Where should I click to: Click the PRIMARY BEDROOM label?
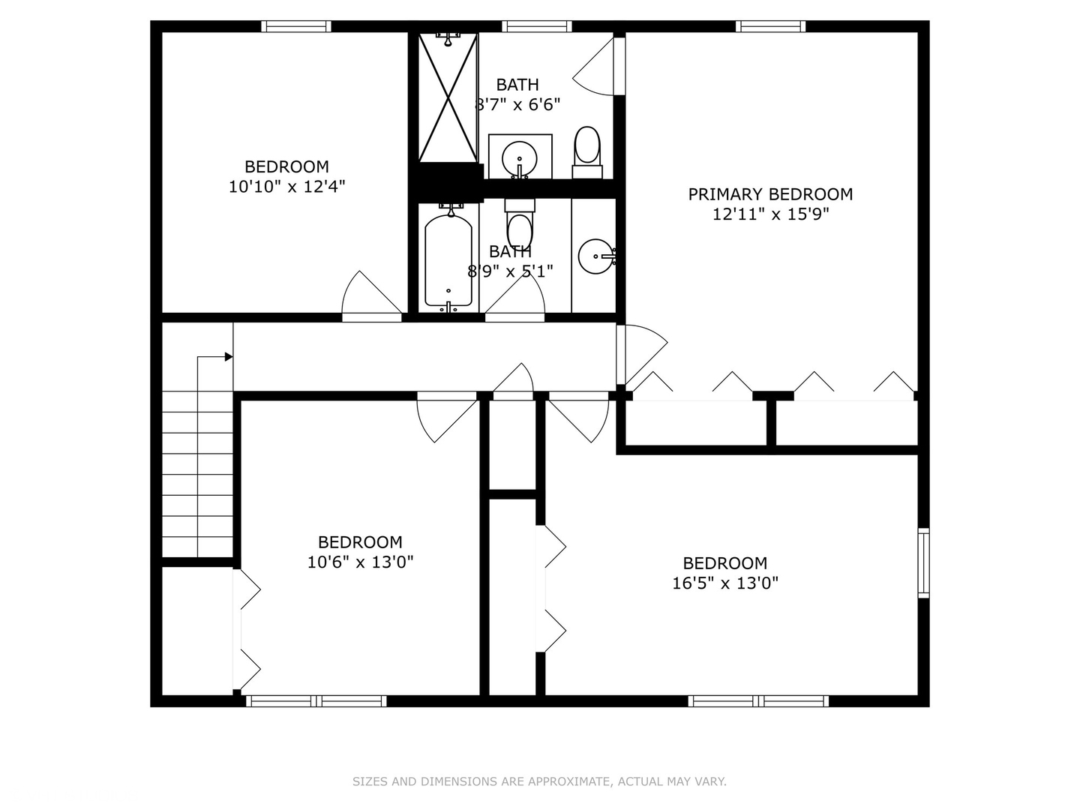(770, 194)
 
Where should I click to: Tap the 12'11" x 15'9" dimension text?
(770, 214)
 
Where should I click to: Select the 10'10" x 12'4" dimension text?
(286, 187)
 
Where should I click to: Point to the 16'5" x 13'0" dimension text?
(725, 583)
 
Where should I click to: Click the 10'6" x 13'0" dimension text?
(360, 562)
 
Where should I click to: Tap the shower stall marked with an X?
(448, 97)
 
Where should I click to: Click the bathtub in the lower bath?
(448, 261)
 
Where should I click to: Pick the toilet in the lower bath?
(520, 223)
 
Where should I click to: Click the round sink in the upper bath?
(520, 159)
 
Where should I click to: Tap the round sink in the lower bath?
(596, 256)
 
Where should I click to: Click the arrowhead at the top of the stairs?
(229, 356)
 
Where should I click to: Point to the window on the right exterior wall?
(923, 563)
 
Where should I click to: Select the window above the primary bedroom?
(770, 26)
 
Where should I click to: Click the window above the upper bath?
(537, 26)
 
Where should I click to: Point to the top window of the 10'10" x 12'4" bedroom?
(296, 26)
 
